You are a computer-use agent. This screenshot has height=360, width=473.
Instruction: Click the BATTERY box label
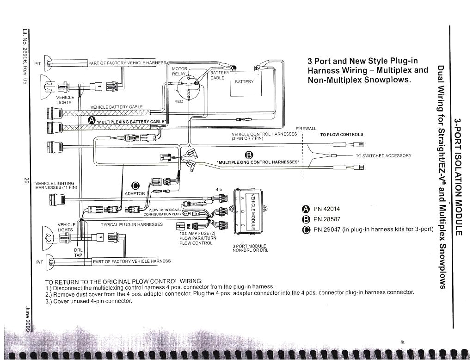[244, 82]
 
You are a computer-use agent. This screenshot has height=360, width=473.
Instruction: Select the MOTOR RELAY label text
[179, 71]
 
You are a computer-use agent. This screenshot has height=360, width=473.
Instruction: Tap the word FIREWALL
[306, 129]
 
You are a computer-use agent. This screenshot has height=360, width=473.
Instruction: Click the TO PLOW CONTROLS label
[342, 135]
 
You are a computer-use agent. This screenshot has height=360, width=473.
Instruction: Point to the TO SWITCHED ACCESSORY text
[383, 156]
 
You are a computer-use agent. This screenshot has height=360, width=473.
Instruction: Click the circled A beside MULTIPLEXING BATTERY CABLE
[92, 121]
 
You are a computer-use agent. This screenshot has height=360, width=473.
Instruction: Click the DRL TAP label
[79, 253]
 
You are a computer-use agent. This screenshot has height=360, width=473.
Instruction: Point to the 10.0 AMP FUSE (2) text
[197, 234]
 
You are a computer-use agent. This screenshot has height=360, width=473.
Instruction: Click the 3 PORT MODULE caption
[250, 248]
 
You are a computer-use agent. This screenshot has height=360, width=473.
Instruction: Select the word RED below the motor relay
[178, 101]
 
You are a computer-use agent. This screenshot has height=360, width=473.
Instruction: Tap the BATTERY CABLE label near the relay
[217, 75]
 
